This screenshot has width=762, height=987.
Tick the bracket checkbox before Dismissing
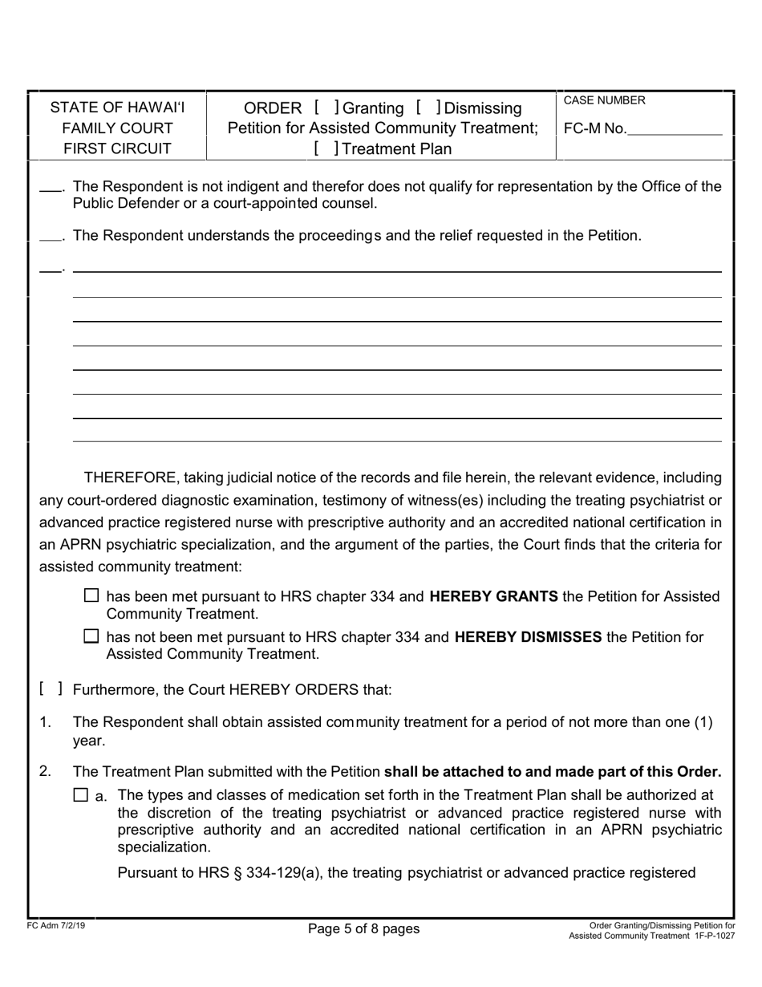pyautogui.click(x=428, y=108)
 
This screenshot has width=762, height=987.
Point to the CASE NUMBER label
pyautogui.click(x=604, y=100)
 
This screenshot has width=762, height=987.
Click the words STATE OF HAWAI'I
pyautogui.click(x=117, y=108)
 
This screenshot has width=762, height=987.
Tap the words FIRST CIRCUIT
pyautogui.click(x=117, y=148)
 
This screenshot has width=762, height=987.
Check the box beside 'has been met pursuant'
pyautogui.click(x=92, y=596)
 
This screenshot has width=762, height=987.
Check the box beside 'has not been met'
pyautogui.click(x=92, y=637)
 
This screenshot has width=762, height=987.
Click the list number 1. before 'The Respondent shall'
pyautogui.click(x=46, y=722)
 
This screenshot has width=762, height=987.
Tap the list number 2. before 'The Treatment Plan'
pyautogui.click(x=46, y=772)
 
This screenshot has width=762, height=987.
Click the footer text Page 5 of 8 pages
pyautogui.click(x=363, y=928)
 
